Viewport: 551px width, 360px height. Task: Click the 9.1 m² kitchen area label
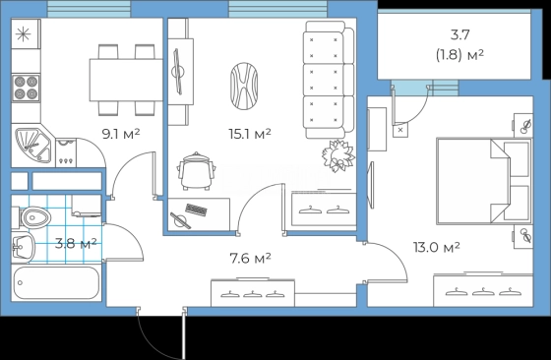[121, 134]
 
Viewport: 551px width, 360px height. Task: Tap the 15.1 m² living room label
[250, 134]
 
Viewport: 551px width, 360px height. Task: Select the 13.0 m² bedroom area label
[437, 247]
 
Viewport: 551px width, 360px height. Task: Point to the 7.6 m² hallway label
[250, 259]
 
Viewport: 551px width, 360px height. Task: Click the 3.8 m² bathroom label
[76, 243]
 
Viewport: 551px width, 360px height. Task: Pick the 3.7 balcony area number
[460, 34]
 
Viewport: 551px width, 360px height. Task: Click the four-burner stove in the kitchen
[26, 88]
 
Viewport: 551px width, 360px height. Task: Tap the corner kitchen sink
[33, 146]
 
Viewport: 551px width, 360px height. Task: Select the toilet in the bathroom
[32, 217]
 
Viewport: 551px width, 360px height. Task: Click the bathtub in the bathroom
[57, 283]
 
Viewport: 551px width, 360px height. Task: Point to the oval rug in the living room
[244, 86]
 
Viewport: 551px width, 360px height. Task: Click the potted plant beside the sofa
[338, 156]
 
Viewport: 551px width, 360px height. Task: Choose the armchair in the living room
[197, 171]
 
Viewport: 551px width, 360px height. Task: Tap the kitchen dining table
[126, 80]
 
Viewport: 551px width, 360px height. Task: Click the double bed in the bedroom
[484, 181]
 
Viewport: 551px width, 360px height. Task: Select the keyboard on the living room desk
[196, 210]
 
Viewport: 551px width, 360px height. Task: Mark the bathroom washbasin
[23, 247]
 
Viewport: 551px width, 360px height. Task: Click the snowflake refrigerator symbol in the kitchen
[24, 34]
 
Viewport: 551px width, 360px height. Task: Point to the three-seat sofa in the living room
[329, 80]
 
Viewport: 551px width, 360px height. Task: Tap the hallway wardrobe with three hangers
[253, 293]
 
